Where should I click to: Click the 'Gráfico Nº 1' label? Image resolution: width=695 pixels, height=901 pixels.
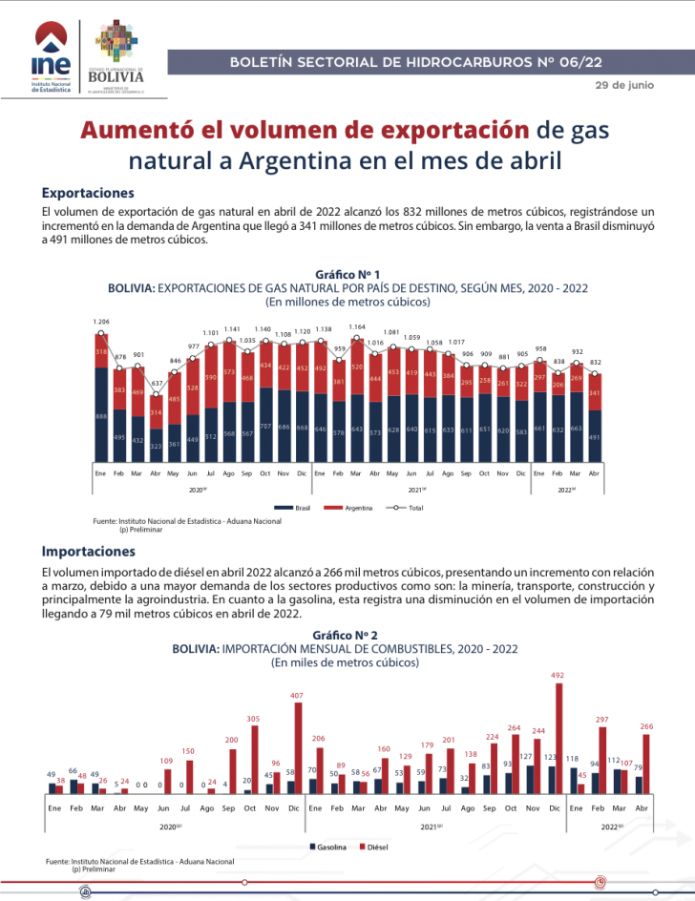(347, 274)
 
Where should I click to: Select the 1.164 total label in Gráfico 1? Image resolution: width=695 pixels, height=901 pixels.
(357, 327)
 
